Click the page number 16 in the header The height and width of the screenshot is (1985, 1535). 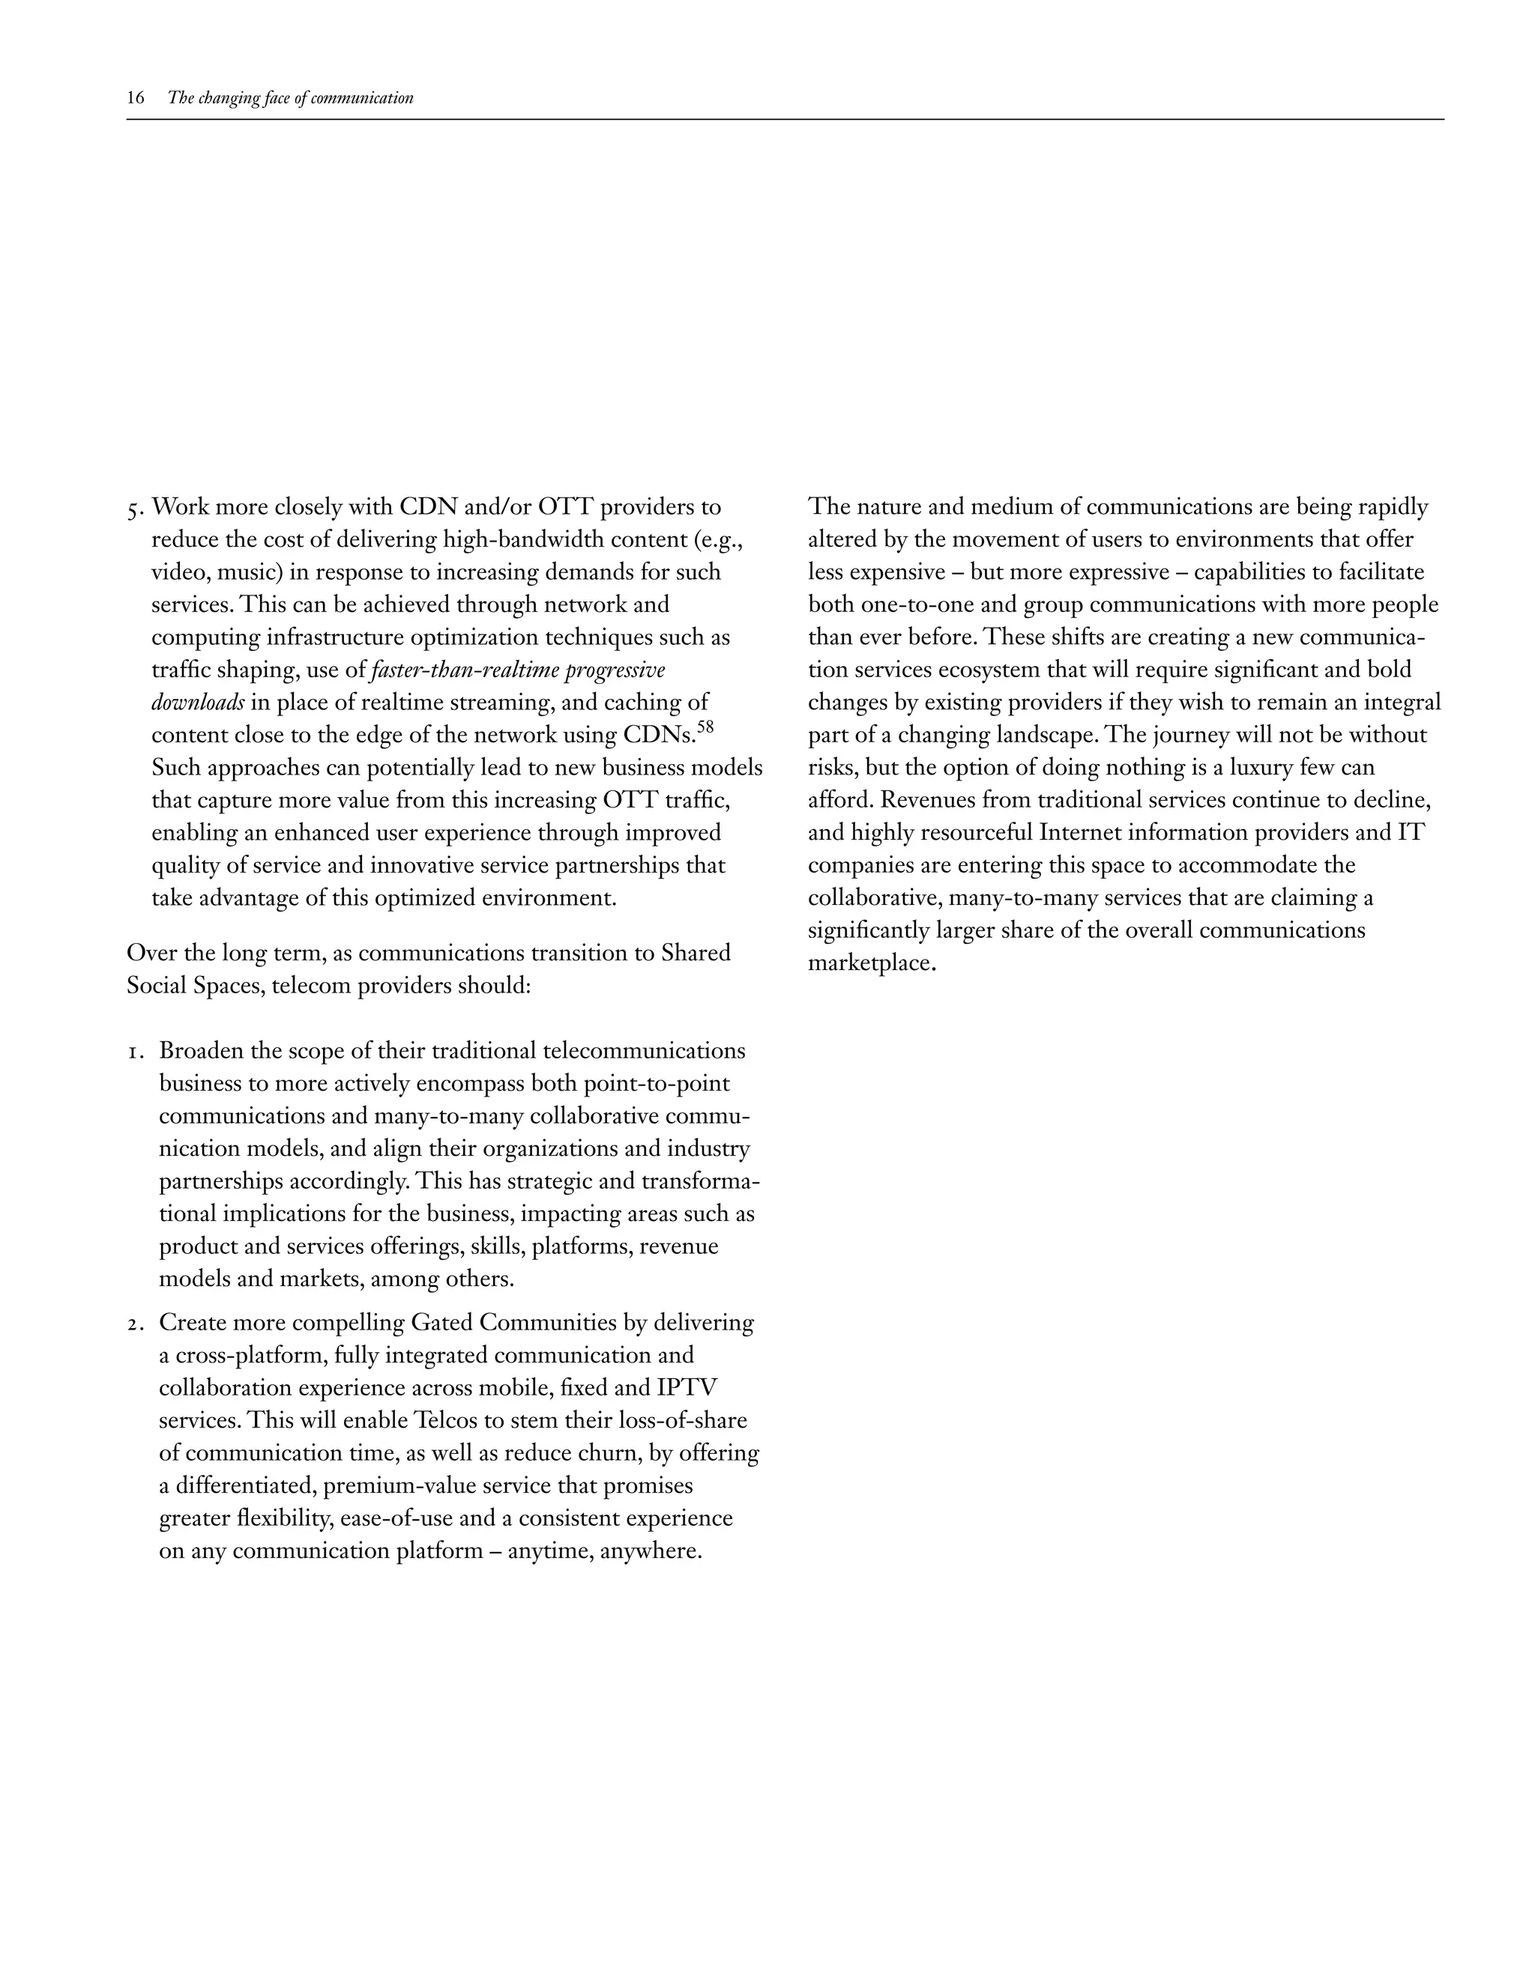coord(136,98)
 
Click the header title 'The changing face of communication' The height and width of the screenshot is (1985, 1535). coord(291,98)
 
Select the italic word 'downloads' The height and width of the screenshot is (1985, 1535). coord(197,703)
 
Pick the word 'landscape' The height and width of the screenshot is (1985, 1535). coord(1043,736)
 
